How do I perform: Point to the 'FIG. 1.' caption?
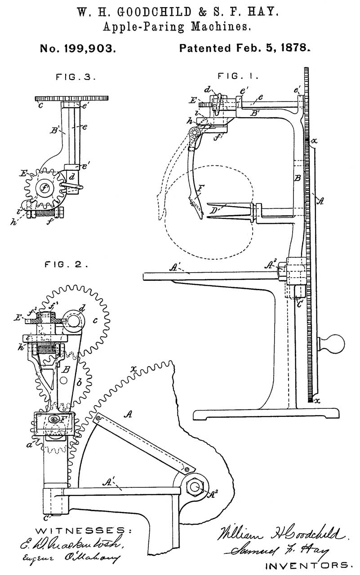(238, 76)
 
